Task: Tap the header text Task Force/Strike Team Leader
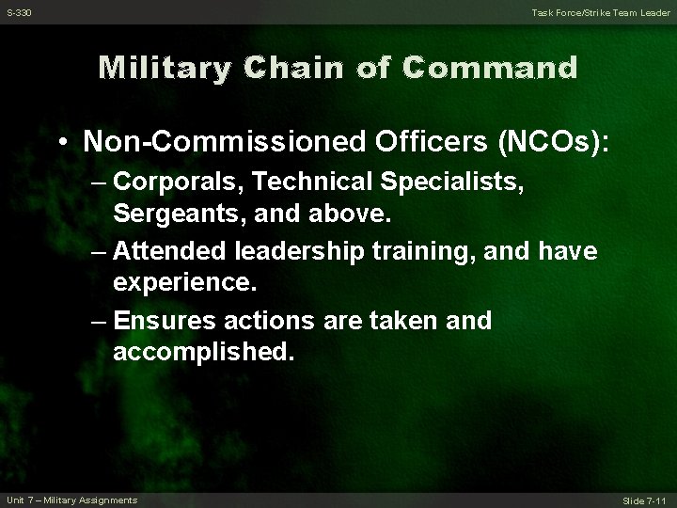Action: tap(600, 11)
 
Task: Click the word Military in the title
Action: tap(167, 68)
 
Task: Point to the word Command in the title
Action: tap(490, 68)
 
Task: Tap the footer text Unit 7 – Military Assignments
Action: tap(71, 499)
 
